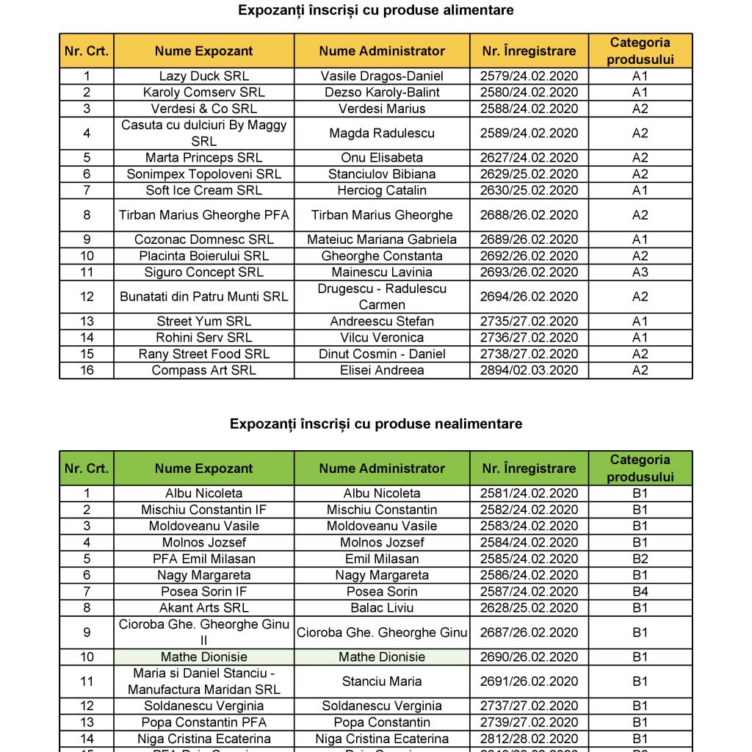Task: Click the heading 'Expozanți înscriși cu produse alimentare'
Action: coord(376,10)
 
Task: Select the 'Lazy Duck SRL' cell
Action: coord(204,76)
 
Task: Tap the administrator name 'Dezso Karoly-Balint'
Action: coord(382,93)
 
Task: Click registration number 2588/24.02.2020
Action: coord(529,109)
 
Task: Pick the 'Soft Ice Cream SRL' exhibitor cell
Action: coord(204,190)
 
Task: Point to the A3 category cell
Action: coord(640,272)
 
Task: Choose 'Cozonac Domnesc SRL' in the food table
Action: coord(204,239)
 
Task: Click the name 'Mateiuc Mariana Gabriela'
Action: coord(382,239)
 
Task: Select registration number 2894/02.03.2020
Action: coord(529,370)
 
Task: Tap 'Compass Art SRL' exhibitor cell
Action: coord(204,370)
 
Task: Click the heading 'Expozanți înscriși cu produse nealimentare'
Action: coord(376,424)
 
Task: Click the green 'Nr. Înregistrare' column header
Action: coord(529,469)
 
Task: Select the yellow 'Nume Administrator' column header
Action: coord(382,51)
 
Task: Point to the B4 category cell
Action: coord(640,591)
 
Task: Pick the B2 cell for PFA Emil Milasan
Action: coord(640,559)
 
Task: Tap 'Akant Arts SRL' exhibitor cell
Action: coord(204,608)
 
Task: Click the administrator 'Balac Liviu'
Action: coord(382,608)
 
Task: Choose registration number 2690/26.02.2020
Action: coord(529,657)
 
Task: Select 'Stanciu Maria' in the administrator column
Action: coord(382,681)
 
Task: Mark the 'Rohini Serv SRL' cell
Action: coord(204,338)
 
